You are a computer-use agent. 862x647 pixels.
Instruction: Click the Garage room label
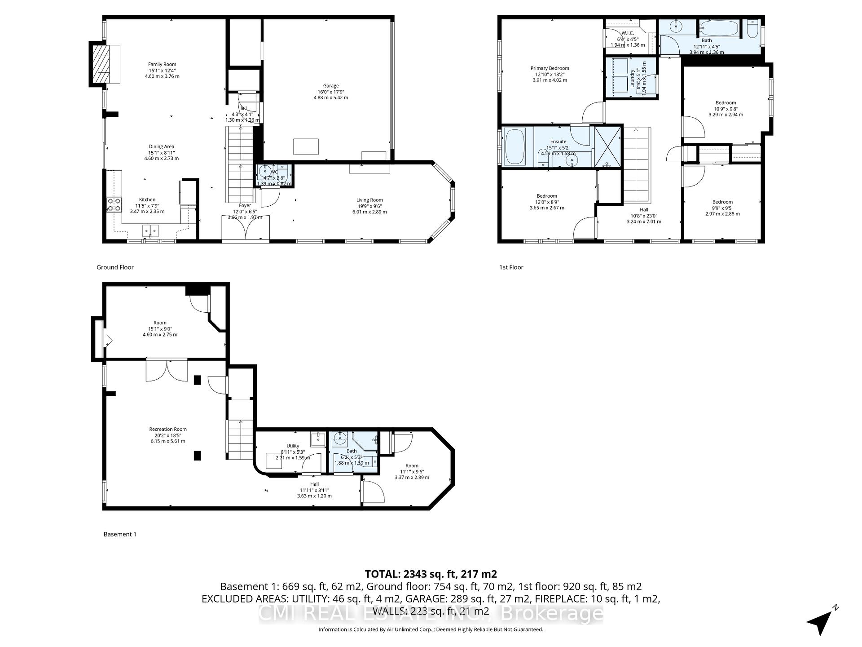click(331, 86)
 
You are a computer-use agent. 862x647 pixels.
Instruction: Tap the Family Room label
click(162, 65)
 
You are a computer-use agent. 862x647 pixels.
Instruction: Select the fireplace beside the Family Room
click(101, 64)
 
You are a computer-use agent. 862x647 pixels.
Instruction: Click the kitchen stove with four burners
click(114, 205)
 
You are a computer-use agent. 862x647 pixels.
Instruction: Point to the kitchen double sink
click(151, 231)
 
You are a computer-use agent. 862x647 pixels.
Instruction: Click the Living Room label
click(369, 200)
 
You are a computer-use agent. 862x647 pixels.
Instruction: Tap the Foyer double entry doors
click(246, 229)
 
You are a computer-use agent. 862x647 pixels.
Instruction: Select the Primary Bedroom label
click(550, 69)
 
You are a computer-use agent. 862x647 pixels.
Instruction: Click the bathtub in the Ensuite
click(515, 146)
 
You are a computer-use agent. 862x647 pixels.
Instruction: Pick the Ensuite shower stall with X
click(608, 146)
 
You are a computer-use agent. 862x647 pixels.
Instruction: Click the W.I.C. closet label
click(628, 33)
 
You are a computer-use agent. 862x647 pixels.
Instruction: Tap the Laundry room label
click(632, 78)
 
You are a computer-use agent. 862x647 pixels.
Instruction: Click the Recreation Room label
click(168, 430)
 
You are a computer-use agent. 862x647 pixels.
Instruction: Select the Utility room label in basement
click(293, 446)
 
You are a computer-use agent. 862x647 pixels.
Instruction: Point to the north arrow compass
click(822, 621)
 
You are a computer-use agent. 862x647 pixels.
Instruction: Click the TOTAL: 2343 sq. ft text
click(431, 574)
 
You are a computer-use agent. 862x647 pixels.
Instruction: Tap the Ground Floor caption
click(115, 267)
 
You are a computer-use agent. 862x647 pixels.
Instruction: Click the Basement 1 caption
click(120, 534)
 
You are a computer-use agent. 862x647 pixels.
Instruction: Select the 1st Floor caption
click(511, 267)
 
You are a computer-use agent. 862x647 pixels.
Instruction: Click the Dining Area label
click(162, 147)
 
